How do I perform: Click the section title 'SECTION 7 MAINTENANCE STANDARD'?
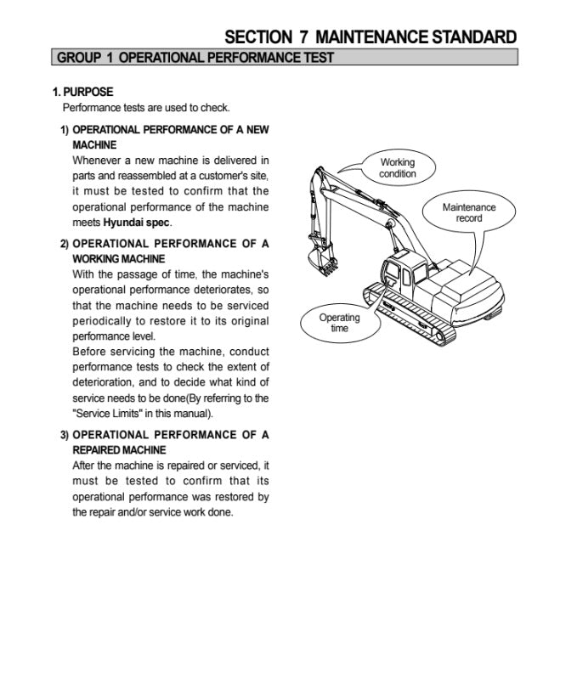pyautogui.click(x=370, y=37)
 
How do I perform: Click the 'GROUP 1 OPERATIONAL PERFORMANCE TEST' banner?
pyautogui.click(x=195, y=58)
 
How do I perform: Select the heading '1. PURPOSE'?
pyautogui.click(x=82, y=92)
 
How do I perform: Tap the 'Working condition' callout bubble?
pyautogui.click(x=397, y=167)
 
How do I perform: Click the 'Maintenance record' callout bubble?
pyautogui.click(x=468, y=212)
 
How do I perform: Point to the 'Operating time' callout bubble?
pyautogui.click(x=339, y=323)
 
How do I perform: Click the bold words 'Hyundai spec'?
pyautogui.click(x=136, y=223)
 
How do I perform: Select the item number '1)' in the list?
pyautogui.click(x=65, y=130)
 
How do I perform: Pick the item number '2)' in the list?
pyautogui.click(x=65, y=244)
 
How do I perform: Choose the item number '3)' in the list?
pyautogui.click(x=65, y=435)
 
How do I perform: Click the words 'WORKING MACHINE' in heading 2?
pyautogui.click(x=119, y=259)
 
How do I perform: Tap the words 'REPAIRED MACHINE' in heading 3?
pyautogui.click(x=119, y=450)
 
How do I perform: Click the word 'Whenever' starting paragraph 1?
pyautogui.click(x=96, y=160)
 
